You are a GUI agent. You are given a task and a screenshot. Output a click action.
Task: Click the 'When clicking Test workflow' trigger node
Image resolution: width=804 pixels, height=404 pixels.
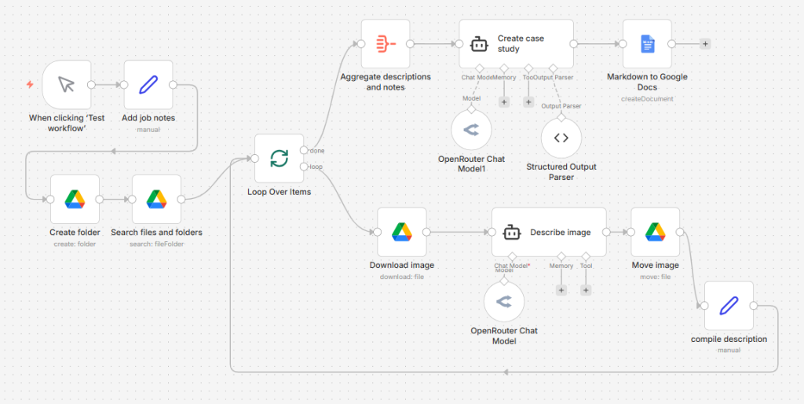click(x=67, y=85)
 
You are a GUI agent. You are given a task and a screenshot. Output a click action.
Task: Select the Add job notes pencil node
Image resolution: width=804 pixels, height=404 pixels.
click(x=148, y=85)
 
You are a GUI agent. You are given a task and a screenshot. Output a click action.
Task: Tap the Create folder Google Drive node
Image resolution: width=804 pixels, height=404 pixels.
click(x=75, y=199)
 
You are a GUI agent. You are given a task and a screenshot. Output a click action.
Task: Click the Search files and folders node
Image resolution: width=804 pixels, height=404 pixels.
click(x=156, y=199)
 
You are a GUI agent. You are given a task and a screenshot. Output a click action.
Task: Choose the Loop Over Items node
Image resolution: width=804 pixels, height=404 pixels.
click(x=279, y=159)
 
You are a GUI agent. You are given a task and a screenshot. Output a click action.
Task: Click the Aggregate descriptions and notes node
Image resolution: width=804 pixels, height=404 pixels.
click(x=386, y=43)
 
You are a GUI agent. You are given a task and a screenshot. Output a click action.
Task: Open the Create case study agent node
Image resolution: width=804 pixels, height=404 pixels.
click(x=516, y=44)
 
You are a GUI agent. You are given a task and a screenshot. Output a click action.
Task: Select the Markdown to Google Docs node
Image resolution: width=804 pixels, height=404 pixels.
click(x=647, y=44)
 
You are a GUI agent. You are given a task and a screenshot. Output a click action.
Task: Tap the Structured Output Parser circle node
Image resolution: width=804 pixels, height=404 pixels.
click(x=561, y=138)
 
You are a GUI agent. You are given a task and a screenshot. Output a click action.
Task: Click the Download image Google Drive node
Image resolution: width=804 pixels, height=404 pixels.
click(x=401, y=232)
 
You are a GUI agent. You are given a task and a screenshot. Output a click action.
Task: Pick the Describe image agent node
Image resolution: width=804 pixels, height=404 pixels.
click(x=549, y=232)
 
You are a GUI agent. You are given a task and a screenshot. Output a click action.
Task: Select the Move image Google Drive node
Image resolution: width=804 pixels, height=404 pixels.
click(x=655, y=232)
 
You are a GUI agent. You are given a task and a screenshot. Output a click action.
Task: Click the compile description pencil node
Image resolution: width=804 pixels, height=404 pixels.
click(x=729, y=306)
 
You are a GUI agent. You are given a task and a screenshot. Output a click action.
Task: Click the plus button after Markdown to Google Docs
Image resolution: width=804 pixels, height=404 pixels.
click(x=705, y=44)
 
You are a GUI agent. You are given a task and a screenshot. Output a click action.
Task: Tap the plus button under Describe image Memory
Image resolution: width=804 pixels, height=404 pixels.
click(x=561, y=290)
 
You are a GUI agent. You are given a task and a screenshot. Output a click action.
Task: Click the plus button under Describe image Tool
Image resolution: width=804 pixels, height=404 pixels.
click(x=586, y=290)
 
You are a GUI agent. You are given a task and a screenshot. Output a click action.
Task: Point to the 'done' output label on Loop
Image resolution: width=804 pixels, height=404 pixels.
click(x=317, y=150)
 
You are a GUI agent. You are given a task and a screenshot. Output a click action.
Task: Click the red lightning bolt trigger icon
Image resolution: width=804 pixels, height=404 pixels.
click(x=30, y=84)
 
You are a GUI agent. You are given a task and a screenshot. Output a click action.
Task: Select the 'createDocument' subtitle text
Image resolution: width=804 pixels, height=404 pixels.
click(x=647, y=99)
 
